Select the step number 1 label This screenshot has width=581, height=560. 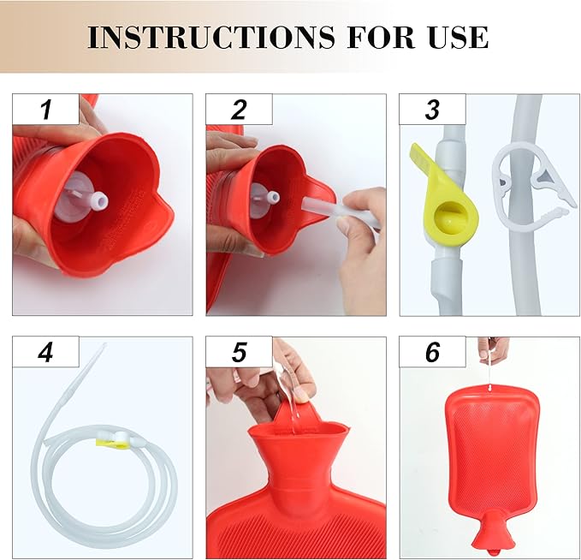tap(46, 110)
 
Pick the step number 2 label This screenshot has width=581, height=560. tap(239, 110)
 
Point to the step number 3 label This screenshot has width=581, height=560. tap(432, 110)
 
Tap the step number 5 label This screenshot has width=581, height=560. tap(239, 352)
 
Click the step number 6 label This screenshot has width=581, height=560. tap(432, 352)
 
